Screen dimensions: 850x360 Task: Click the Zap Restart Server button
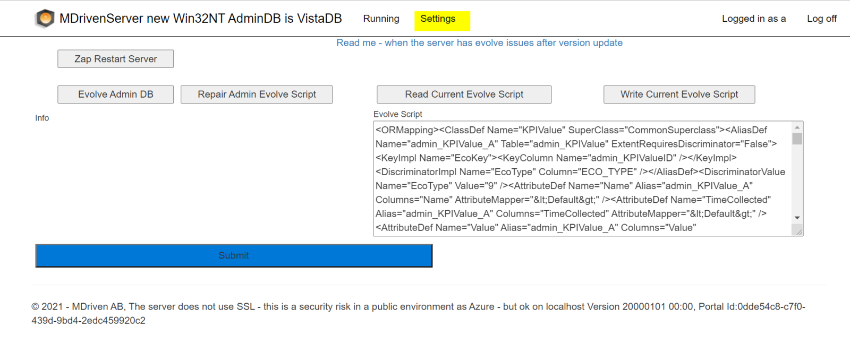(116, 59)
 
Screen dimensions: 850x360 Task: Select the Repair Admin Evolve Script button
(257, 95)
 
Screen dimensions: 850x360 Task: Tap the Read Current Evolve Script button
(464, 95)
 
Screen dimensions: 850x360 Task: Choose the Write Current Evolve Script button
(679, 95)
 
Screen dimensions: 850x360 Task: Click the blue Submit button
(234, 256)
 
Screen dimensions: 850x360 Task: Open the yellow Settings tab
(442, 21)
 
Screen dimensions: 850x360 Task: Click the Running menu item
(381, 19)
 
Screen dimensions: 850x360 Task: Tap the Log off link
(821, 19)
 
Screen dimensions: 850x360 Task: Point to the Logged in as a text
(754, 19)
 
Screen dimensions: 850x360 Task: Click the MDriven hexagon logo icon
(45, 18)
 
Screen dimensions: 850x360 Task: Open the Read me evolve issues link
(479, 43)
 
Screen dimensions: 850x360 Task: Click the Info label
(42, 118)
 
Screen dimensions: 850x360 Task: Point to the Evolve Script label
(398, 114)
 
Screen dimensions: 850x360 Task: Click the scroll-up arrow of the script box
(797, 127)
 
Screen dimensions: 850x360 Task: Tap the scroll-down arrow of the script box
(797, 218)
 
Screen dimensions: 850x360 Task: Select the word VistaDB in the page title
(319, 18)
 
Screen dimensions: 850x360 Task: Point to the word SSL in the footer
(246, 306)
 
